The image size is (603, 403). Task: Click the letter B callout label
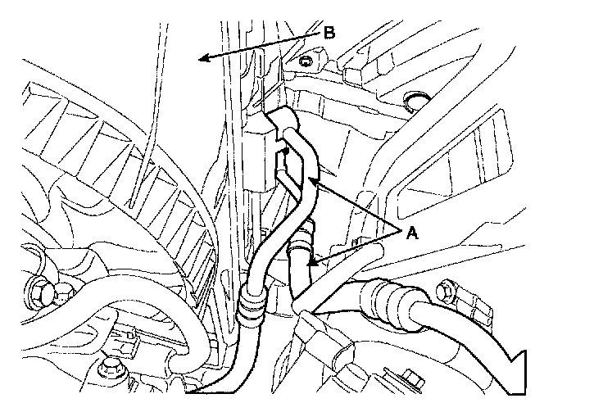click(x=329, y=34)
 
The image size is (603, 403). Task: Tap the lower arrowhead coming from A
click(x=312, y=263)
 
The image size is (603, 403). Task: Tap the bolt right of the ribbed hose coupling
click(x=447, y=290)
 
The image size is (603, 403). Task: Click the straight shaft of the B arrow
click(x=262, y=46)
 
